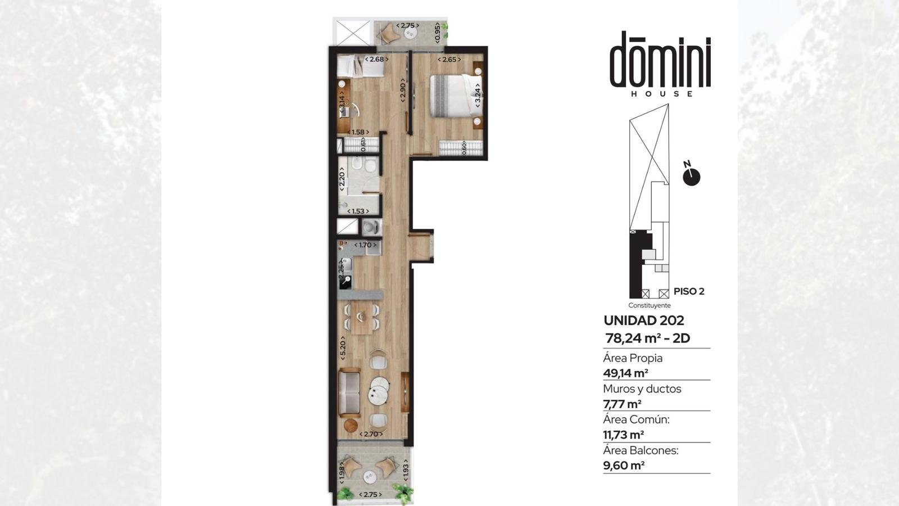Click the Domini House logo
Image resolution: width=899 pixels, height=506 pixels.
(660, 64)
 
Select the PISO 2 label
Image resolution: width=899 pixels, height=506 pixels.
(689, 292)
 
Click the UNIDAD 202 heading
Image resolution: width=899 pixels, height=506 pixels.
(644, 320)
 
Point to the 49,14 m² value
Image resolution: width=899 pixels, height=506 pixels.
(626, 373)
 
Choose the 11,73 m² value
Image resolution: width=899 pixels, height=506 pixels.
(623, 435)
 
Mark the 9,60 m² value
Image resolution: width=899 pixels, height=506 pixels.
(624, 466)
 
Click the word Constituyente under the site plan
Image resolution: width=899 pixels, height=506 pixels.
(650, 306)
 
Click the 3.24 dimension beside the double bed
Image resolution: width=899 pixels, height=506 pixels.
(478, 95)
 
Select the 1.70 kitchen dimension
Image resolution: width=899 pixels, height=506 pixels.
(365, 245)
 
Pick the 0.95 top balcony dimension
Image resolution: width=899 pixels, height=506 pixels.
(437, 33)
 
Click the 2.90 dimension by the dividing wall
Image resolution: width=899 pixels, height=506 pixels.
(403, 93)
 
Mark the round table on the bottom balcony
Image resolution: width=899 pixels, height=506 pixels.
(370, 477)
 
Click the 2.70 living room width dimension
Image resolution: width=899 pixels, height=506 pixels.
(370, 434)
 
